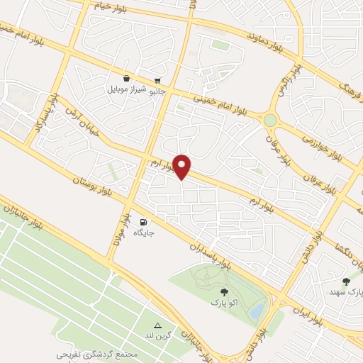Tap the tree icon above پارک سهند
coord(346,281)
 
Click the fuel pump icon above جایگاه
coord(145,221)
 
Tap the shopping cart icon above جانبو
coord(157,79)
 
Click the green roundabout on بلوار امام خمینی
coord(270,120)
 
